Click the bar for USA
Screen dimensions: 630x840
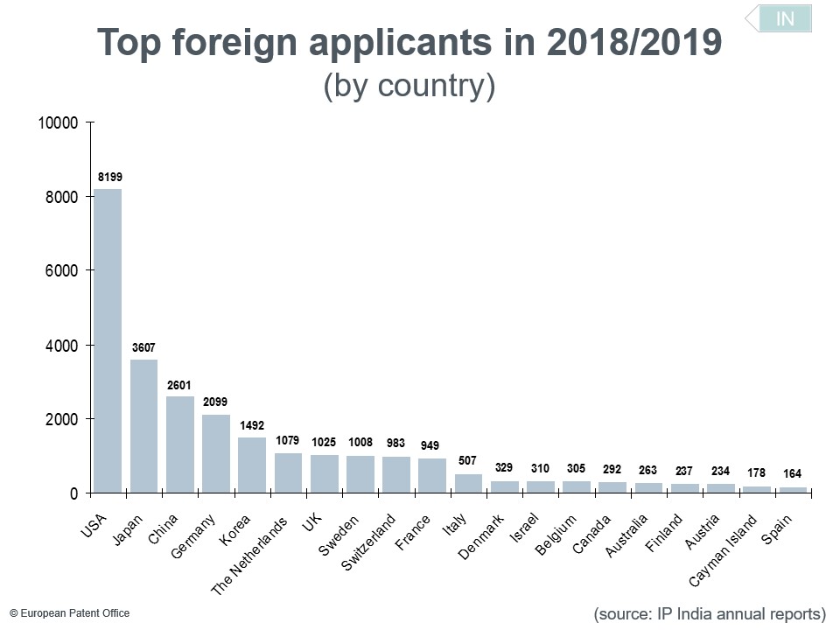pyautogui.click(x=108, y=340)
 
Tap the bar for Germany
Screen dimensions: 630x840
pyautogui.click(x=216, y=453)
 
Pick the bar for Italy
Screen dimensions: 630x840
pyautogui.click(x=468, y=483)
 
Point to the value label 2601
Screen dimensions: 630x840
pyautogui.click(x=179, y=385)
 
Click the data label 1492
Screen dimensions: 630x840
pyautogui.click(x=252, y=426)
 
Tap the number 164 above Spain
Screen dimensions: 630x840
pyautogui.click(x=793, y=474)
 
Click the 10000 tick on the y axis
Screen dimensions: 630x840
pyautogui.click(x=59, y=123)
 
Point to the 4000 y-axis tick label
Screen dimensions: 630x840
pyautogui.click(x=62, y=346)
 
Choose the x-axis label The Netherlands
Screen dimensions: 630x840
pyautogui.click(x=250, y=555)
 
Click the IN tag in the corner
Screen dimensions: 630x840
pyautogui.click(x=785, y=18)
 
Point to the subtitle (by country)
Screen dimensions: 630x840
pyautogui.click(x=409, y=87)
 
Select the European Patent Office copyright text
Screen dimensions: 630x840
pyautogui.click(x=69, y=613)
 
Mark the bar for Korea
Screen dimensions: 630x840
pyautogui.click(x=252, y=465)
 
